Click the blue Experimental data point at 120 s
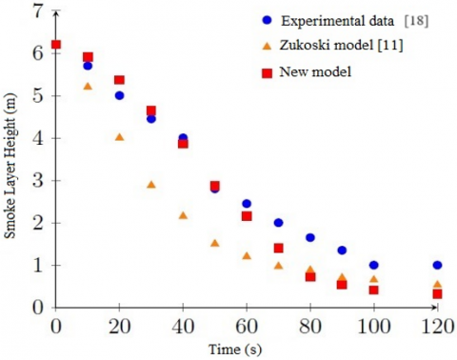pyautogui.click(x=437, y=265)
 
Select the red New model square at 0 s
pyautogui.click(x=56, y=44)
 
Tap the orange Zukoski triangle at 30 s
pyautogui.click(x=151, y=184)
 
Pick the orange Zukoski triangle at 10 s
pyautogui.click(x=88, y=86)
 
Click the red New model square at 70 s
pyautogui.click(x=279, y=248)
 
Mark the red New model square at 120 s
pyautogui.click(x=437, y=294)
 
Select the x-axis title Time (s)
pyautogui.click(x=248, y=350)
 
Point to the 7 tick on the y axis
pyautogui.click(x=37, y=11)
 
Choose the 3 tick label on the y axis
pyautogui.click(x=37, y=181)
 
